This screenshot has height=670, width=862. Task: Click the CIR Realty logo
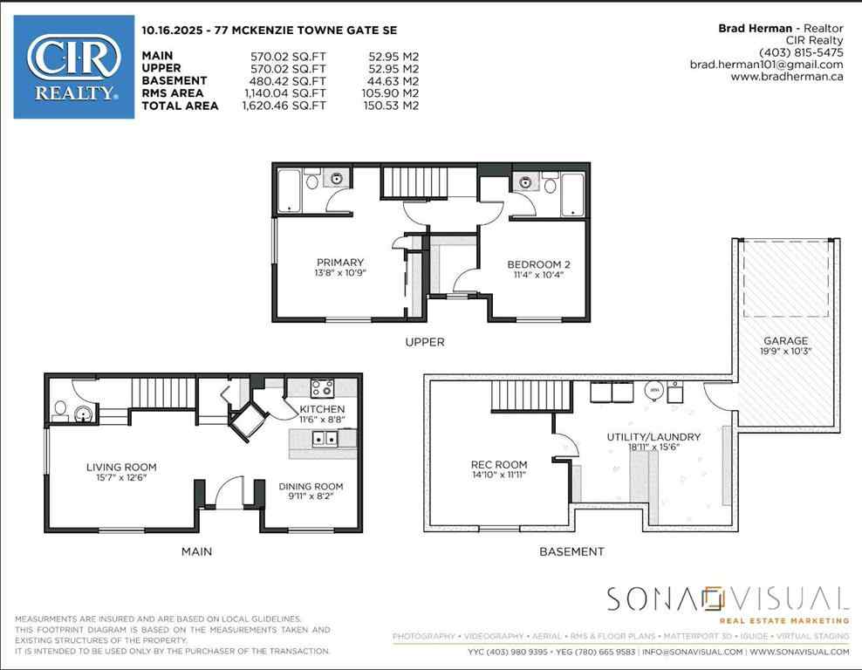(74, 66)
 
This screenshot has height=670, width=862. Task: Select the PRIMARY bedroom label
(340, 263)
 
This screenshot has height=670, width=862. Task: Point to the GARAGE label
(785, 341)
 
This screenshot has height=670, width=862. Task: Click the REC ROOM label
(498, 465)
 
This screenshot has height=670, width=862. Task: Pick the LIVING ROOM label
(121, 467)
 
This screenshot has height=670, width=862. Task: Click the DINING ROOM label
(311, 486)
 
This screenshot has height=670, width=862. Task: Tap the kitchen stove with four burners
(322, 389)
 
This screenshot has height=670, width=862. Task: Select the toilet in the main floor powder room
(58, 408)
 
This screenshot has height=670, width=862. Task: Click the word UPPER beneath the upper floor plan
(425, 342)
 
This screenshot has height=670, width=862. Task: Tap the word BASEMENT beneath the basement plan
(571, 551)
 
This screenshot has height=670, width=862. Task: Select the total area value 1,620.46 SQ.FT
(273, 106)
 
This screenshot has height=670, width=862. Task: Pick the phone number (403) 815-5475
(801, 52)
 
